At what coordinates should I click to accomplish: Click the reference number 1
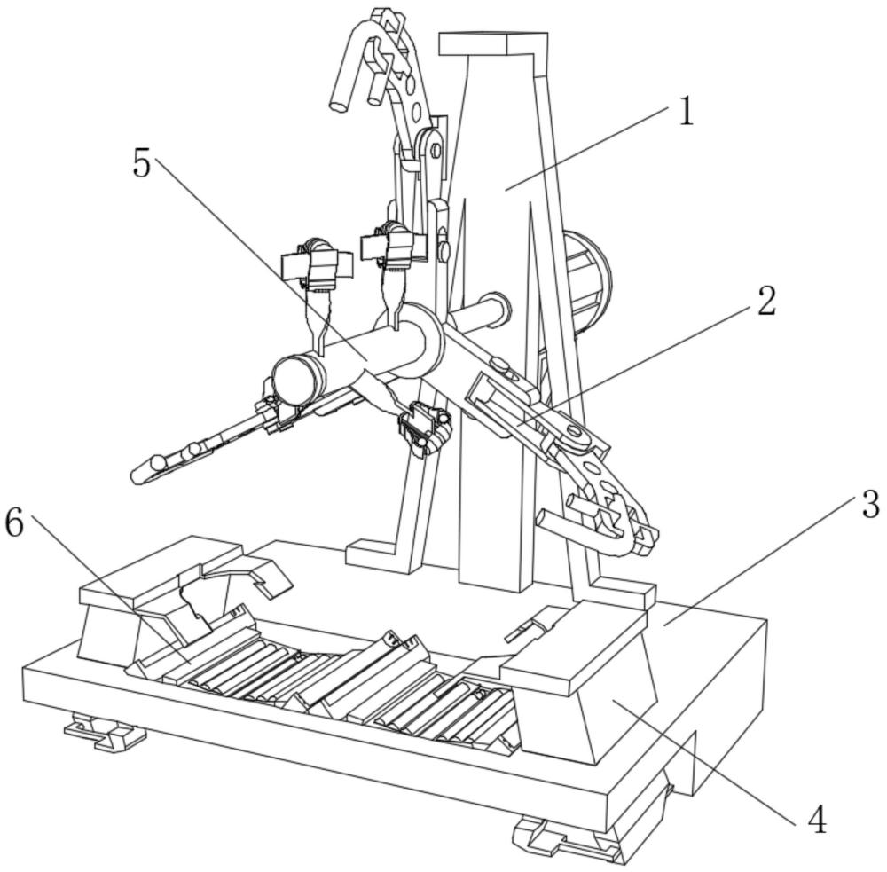[685, 111]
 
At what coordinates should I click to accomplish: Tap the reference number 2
[766, 301]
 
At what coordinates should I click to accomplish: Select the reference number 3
[871, 504]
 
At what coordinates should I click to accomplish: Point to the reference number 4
[817, 820]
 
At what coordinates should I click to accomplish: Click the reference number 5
[142, 163]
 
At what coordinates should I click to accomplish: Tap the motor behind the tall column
[588, 278]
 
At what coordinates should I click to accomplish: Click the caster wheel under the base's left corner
[105, 732]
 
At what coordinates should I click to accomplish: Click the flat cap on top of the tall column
[493, 44]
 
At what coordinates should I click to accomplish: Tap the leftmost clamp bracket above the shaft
[318, 263]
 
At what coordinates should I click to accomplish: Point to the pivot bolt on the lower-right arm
[574, 432]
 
